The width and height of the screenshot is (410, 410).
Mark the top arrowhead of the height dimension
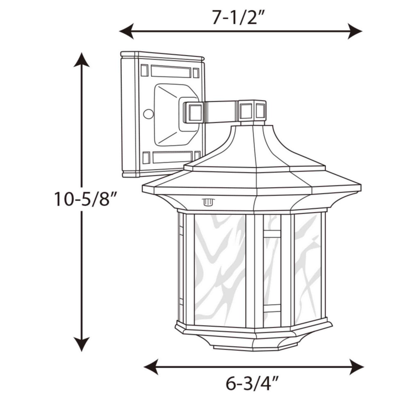(x=82, y=60)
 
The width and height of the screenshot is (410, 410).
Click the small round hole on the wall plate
(x=148, y=114)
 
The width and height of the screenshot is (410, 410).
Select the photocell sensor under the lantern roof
(x=208, y=202)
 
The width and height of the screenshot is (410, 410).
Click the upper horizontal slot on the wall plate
(x=171, y=71)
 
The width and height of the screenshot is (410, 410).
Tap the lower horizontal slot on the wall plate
(x=172, y=157)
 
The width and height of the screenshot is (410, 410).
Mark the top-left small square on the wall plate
(x=144, y=71)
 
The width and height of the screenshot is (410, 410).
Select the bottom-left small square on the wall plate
(x=146, y=158)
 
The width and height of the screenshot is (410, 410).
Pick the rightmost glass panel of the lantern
(x=307, y=266)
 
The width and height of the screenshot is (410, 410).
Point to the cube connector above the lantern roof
(x=252, y=110)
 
